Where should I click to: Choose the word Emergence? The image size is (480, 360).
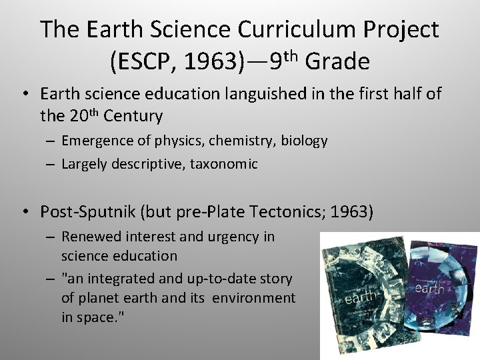tap(96, 141)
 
